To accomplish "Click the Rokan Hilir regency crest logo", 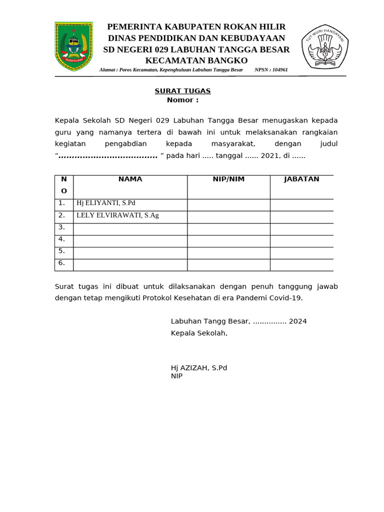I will [x=73, y=46].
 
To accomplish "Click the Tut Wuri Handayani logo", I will [x=325, y=46].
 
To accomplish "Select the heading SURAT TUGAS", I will [x=182, y=90].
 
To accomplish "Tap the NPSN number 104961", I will [x=279, y=70].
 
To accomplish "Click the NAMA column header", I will [x=130, y=179].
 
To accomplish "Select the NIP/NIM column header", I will [x=228, y=179].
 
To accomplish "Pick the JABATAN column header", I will [x=301, y=179].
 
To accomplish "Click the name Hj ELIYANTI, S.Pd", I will [x=105, y=203].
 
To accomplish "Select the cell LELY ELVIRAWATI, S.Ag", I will [x=117, y=215].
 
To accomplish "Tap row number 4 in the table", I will [x=61, y=239].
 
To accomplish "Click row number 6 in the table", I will [x=61, y=263].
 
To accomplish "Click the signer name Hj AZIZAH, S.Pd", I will [x=199, y=367].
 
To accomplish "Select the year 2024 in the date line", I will [x=297, y=321].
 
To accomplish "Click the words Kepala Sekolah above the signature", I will [x=198, y=333].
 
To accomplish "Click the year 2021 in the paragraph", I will [x=270, y=155].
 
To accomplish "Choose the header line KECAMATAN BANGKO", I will [x=196, y=60].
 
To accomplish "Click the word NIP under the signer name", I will [x=176, y=376].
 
